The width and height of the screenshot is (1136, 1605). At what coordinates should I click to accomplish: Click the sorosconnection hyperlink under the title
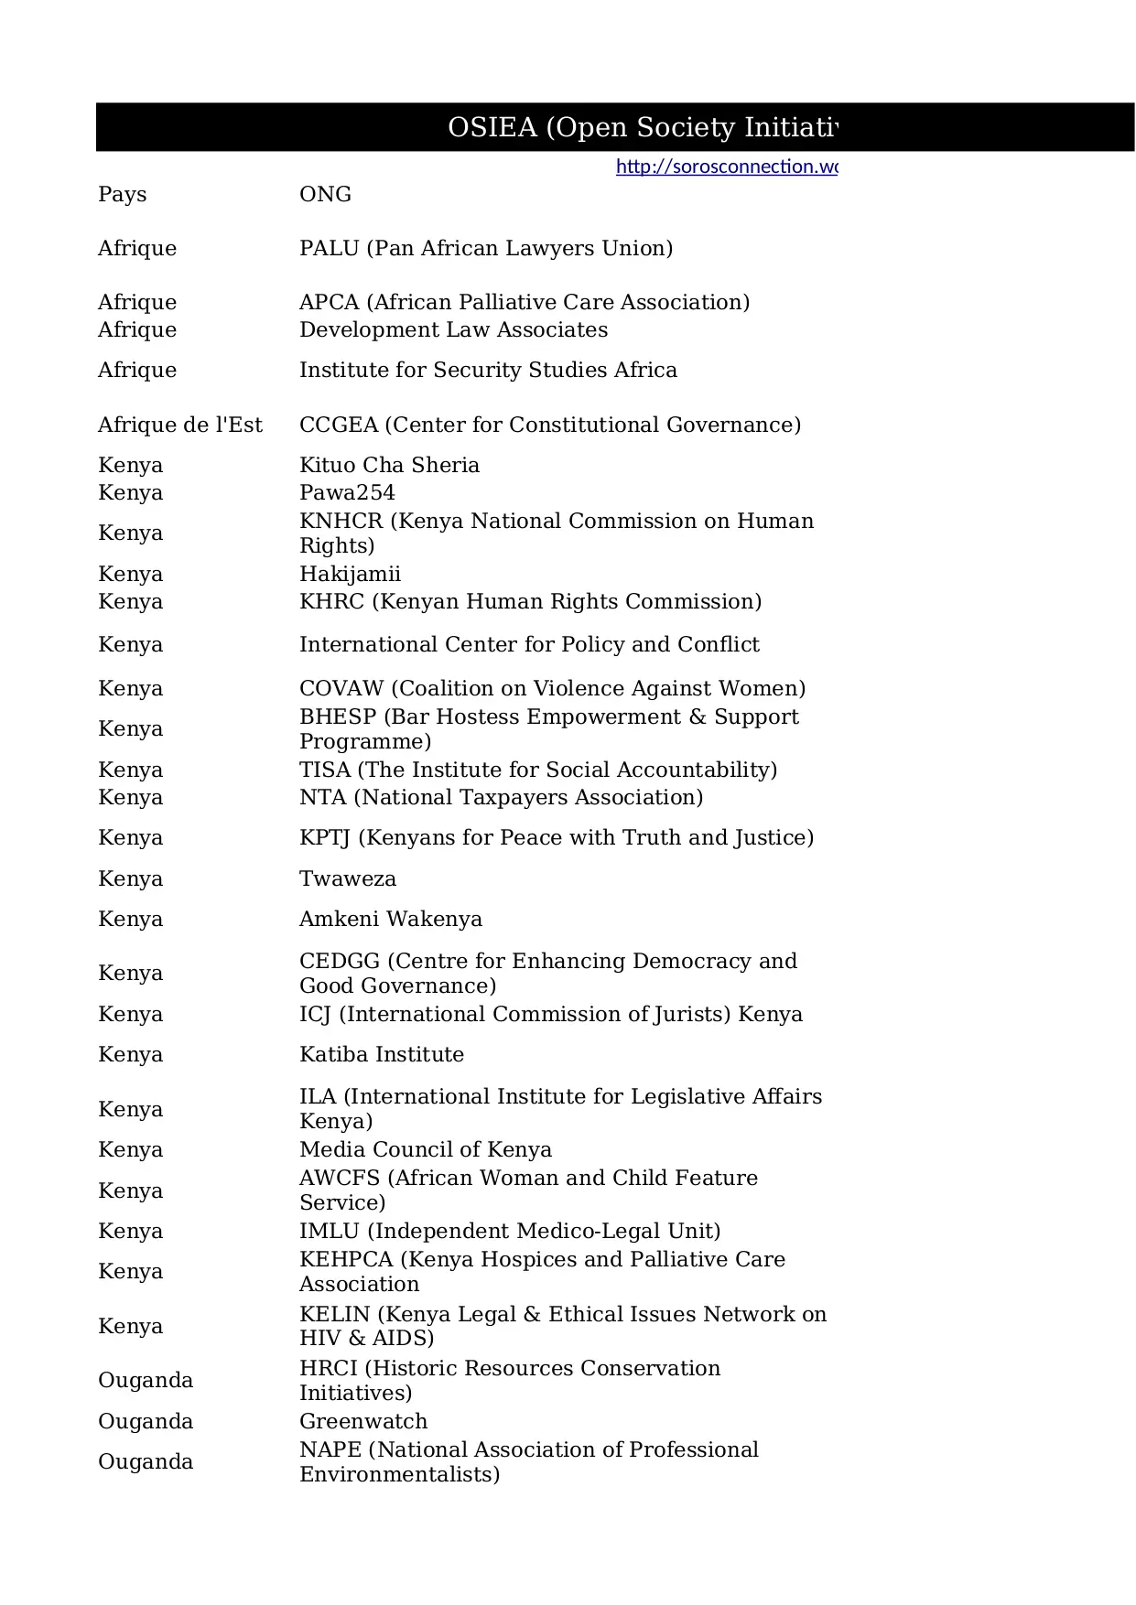[x=726, y=167]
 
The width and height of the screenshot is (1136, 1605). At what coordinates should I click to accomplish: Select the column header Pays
[x=123, y=194]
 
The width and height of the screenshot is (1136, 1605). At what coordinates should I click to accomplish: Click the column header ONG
[x=325, y=194]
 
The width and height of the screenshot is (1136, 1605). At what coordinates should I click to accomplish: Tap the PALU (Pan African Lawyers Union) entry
[x=485, y=248]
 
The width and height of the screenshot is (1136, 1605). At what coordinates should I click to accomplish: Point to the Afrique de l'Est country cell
[x=180, y=425]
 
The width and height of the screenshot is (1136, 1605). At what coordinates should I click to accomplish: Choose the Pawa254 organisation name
[x=347, y=492]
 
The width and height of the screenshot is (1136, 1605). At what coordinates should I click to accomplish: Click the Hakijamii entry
[x=350, y=574]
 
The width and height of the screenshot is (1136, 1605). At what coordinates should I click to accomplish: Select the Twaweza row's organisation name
[x=348, y=878]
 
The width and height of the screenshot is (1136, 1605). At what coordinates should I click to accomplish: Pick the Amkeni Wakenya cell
[x=390, y=919]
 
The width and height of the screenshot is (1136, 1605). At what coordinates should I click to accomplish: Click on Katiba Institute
[x=381, y=1054]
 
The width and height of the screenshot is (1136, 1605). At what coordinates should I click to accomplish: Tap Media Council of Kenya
[x=426, y=1149]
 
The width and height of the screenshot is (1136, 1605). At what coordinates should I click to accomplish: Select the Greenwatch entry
[x=363, y=1421]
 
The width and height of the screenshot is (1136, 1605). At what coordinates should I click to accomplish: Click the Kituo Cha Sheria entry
[x=389, y=465]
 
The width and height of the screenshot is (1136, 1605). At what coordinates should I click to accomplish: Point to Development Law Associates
[x=453, y=329]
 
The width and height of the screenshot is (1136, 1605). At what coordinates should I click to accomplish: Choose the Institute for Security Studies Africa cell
[x=488, y=370]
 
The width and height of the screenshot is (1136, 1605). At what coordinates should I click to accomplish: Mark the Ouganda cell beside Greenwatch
[x=146, y=1421]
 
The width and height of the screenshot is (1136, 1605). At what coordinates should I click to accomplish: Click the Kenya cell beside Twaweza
[x=130, y=878]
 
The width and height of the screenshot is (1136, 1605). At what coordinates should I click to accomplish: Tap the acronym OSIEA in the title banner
[x=492, y=127]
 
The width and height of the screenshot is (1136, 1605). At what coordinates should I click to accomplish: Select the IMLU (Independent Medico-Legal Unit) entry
[x=510, y=1231]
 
